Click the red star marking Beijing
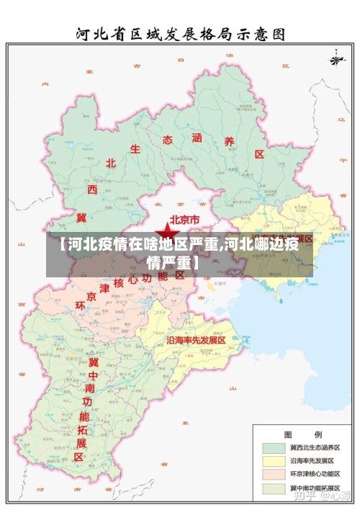pyautogui.click(x=168, y=231)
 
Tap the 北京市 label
pyautogui.click(x=189, y=220)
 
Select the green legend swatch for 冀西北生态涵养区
pyautogui.click(x=273, y=447)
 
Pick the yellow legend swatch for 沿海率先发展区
pyautogui.click(x=273, y=460)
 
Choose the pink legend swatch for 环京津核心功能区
pyautogui.click(x=273, y=474)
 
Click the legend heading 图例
pyautogui.click(x=302, y=434)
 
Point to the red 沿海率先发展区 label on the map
pyautogui.click(x=197, y=339)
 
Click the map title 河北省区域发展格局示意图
pyautogui.click(x=180, y=33)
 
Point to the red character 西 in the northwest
pyautogui.click(x=92, y=189)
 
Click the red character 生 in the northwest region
pyautogui.click(x=135, y=149)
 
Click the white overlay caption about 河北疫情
pyautogui.click(x=179, y=251)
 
